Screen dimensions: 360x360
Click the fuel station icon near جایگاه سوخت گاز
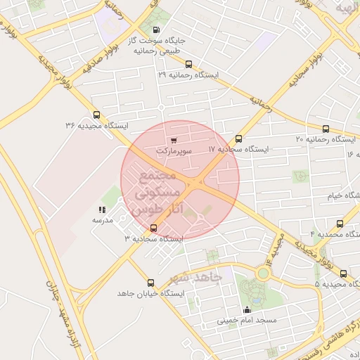click(x=155, y=31)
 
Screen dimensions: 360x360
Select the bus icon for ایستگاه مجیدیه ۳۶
click(x=96, y=115)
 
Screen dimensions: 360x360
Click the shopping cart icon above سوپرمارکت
click(x=174, y=141)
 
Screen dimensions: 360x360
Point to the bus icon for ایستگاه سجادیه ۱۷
click(x=239, y=139)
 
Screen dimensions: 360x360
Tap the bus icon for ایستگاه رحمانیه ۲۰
click(x=325, y=129)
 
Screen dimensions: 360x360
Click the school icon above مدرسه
click(x=103, y=210)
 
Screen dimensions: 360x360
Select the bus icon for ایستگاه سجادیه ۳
click(x=154, y=228)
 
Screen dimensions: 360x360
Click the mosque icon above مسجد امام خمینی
click(x=246, y=310)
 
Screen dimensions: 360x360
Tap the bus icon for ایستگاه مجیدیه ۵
click(x=343, y=274)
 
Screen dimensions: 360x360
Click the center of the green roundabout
click(x=264, y=273)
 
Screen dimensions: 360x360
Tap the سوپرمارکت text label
click(x=174, y=150)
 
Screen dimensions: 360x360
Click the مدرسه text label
click(x=103, y=220)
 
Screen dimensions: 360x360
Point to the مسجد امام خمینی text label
click(x=246, y=321)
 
